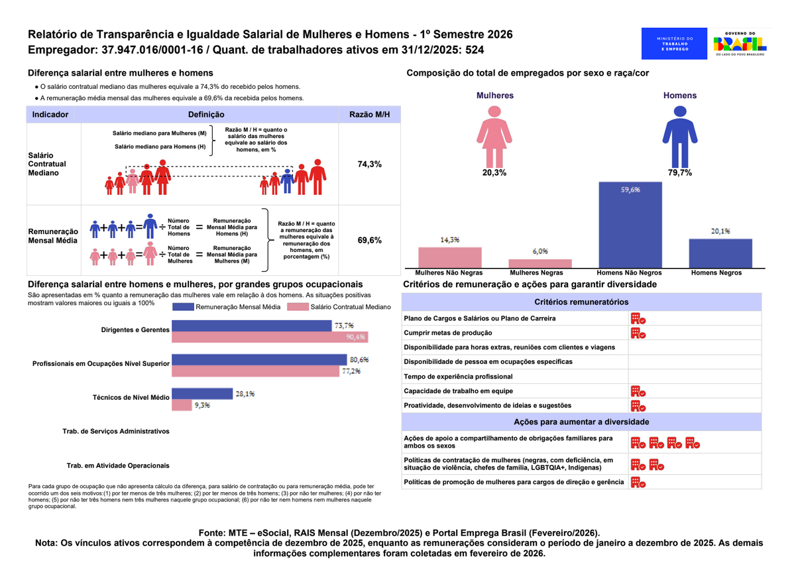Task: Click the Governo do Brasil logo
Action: click(739, 44)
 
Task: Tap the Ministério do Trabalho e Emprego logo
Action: click(674, 44)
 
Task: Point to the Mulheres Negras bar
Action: click(539, 263)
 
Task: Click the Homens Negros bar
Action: click(720, 253)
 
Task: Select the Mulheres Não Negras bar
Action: click(449, 257)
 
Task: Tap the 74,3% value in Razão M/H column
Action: click(369, 164)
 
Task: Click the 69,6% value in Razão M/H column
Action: click(369, 240)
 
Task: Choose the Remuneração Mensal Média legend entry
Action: click(225, 307)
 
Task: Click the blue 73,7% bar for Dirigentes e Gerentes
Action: click(251, 326)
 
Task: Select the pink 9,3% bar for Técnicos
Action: click(182, 405)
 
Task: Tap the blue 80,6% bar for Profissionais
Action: click(258, 359)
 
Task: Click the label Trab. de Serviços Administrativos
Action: click(116, 431)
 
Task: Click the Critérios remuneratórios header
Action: click(581, 302)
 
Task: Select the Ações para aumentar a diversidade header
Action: click(581, 422)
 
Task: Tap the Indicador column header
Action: click(50, 115)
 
